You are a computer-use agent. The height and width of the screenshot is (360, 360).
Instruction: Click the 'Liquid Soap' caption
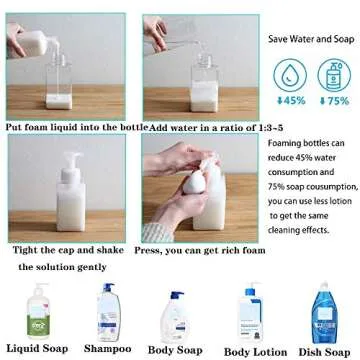(38, 349)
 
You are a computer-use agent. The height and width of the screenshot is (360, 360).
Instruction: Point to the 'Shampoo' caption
(107, 349)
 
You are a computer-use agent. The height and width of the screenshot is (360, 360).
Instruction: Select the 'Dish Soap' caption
(323, 351)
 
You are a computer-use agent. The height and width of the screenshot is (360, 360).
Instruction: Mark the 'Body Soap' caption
(177, 351)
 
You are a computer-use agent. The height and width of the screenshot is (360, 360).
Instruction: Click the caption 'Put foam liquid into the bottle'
(75, 128)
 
